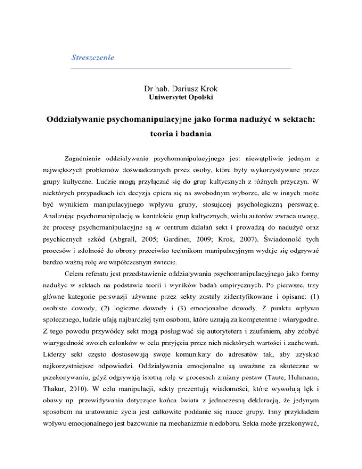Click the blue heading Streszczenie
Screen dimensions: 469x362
(93, 58)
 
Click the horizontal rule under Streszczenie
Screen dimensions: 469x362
(181, 69)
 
